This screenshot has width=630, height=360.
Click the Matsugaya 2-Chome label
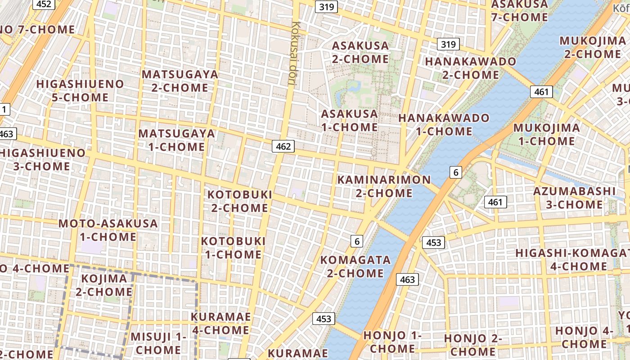pyautogui.click(x=180, y=81)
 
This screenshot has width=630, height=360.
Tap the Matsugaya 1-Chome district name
pyautogui.click(x=176, y=140)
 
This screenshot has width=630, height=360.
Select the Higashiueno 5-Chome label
pyautogui.click(x=80, y=90)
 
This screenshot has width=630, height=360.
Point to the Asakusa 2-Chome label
pyautogui.click(x=360, y=52)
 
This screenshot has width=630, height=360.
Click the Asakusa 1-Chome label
pyautogui.click(x=349, y=120)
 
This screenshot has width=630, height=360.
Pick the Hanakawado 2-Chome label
pyautogui.click(x=470, y=67)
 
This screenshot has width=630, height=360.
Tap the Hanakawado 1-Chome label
pyautogui.click(x=444, y=125)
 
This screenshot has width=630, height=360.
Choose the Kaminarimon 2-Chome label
pyautogui.click(x=384, y=186)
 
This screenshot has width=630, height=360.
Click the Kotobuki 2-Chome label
pyautogui.click(x=239, y=201)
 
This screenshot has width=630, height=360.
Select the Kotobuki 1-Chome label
pyautogui.click(x=233, y=247)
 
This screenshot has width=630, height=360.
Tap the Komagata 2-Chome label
pyautogui.click(x=355, y=266)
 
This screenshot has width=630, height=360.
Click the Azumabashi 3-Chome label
pyautogui.click(x=574, y=198)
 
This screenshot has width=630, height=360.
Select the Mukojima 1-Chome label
pyautogui.click(x=546, y=134)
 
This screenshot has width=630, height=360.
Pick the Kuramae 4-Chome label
pyautogui.click(x=220, y=323)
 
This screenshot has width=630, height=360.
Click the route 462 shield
pyautogui.click(x=283, y=146)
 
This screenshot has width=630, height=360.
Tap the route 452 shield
pyautogui.click(x=44, y=4)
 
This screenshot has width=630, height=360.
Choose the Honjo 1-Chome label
pyautogui.click(x=392, y=342)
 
